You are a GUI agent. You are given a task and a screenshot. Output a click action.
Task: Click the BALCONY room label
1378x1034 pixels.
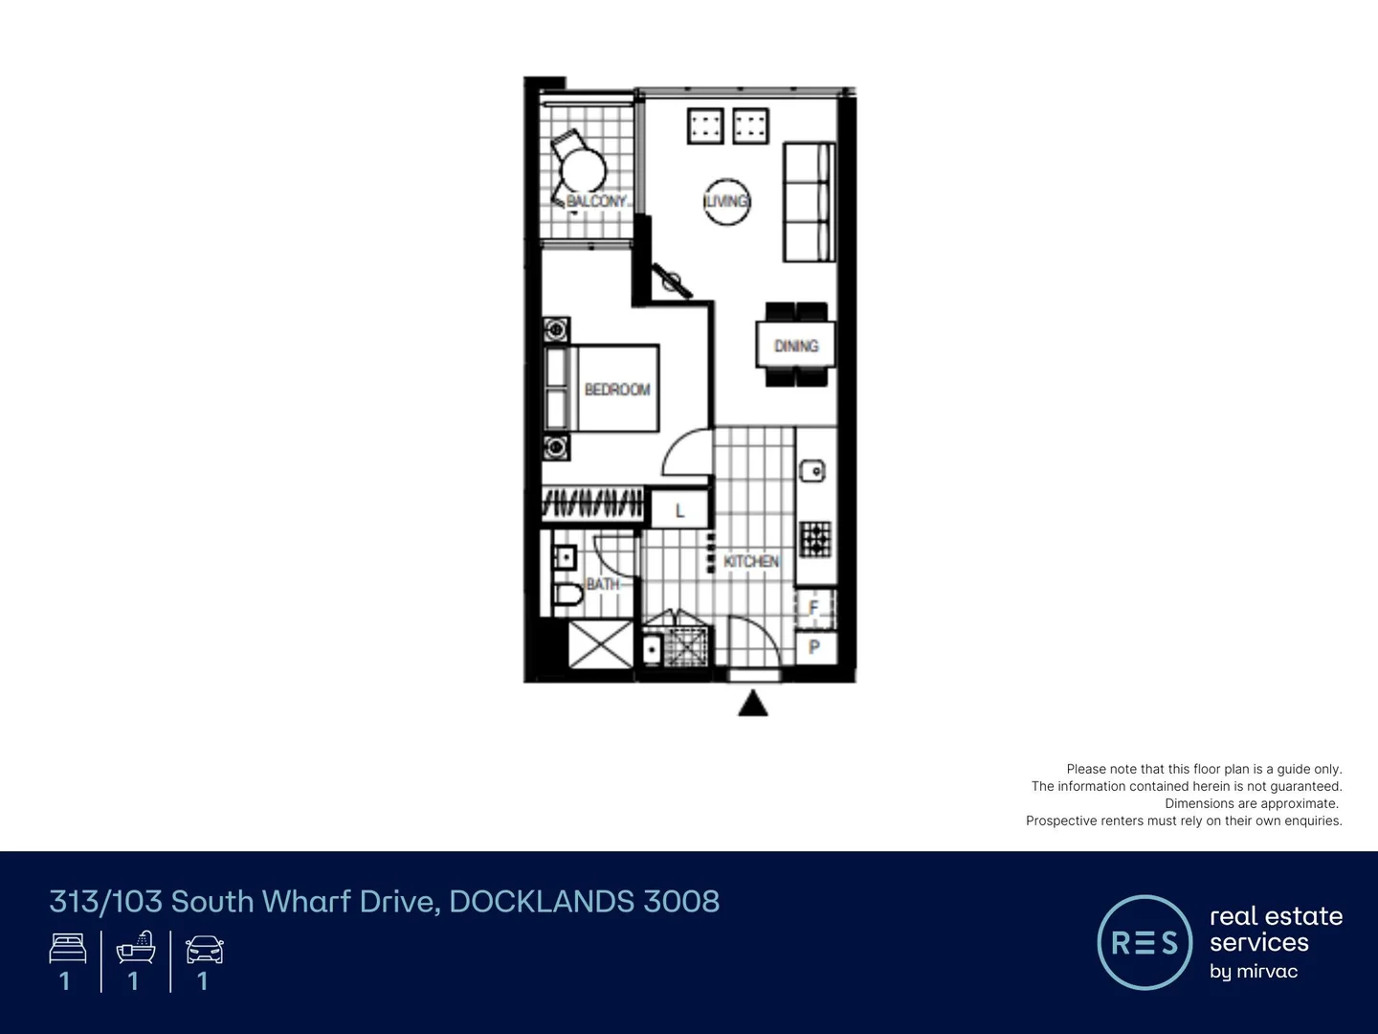[x=596, y=201]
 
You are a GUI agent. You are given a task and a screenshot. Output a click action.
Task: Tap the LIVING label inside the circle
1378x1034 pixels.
[x=726, y=201]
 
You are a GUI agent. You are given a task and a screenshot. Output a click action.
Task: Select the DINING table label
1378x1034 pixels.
[x=796, y=346]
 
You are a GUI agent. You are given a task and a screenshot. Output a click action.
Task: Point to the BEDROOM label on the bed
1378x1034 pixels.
[x=617, y=390]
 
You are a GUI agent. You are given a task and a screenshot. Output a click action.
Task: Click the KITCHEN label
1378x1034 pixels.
[x=751, y=561]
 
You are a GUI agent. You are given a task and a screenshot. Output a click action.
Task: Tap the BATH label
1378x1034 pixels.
[x=602, y=584]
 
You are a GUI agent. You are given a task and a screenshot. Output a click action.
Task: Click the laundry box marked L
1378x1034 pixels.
[x=680, y=510]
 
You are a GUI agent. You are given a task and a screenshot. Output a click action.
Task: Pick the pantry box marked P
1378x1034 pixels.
[x=814, y=647]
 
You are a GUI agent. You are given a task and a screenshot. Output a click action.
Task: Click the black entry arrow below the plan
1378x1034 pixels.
[x=754, y=705]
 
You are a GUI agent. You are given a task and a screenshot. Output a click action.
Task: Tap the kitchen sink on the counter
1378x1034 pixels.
[x=812, y=470]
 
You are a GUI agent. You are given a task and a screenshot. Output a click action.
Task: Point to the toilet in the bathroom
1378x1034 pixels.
[x=568, y=596]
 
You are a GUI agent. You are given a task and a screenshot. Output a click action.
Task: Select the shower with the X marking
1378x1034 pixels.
[x=600, y=644]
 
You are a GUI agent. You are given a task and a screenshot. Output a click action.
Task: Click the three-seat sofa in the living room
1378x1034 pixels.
[x=810, y=202]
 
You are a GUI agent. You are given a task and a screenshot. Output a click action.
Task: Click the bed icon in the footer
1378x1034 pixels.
[x=68, y=949]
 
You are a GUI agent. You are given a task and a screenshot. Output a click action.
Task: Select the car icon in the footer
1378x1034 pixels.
[x=204, y=950]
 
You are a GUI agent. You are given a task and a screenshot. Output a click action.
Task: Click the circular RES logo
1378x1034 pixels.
[x=1145, y=942]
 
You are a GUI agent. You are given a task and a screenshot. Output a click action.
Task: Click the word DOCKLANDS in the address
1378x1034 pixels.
[x=541, y=902]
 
